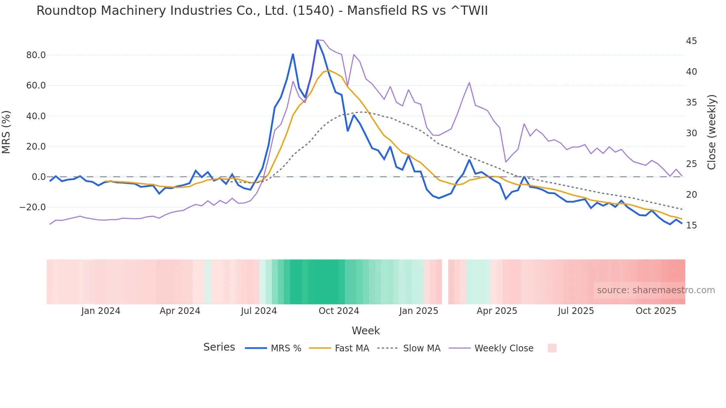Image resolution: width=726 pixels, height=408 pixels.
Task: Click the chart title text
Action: [x=262, y=10]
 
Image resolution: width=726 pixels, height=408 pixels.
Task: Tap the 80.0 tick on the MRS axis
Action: [x=36, y=55]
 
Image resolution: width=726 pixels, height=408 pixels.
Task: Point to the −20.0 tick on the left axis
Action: [x=33, y=207]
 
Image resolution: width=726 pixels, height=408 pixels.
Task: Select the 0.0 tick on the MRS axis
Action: [x=39, y=177]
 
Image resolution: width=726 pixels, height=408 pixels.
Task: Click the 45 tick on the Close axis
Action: [x=691, y=41]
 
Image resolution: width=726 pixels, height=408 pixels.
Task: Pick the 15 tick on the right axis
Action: [x=691, y=225]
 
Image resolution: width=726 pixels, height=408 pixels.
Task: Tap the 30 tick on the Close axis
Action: [x=691, y=133]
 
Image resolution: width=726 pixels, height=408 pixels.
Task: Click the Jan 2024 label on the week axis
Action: [x=101, y=311]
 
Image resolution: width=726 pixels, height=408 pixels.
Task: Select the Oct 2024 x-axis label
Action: [x=339, y=311]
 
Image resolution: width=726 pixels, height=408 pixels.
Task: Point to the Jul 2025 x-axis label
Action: [x=576, y=311]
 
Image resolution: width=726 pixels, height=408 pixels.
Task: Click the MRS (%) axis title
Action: [x=6, y=132]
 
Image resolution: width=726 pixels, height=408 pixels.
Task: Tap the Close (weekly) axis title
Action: [x=712, y=132]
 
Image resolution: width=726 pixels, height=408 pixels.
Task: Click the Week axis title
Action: [x=366, y=331]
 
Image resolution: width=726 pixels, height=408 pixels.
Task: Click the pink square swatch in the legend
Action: [x=552, y=348]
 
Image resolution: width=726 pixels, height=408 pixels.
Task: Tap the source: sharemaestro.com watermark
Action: [x=656, y=290]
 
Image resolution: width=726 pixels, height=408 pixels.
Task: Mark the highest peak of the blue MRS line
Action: [x=317, y=40]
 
